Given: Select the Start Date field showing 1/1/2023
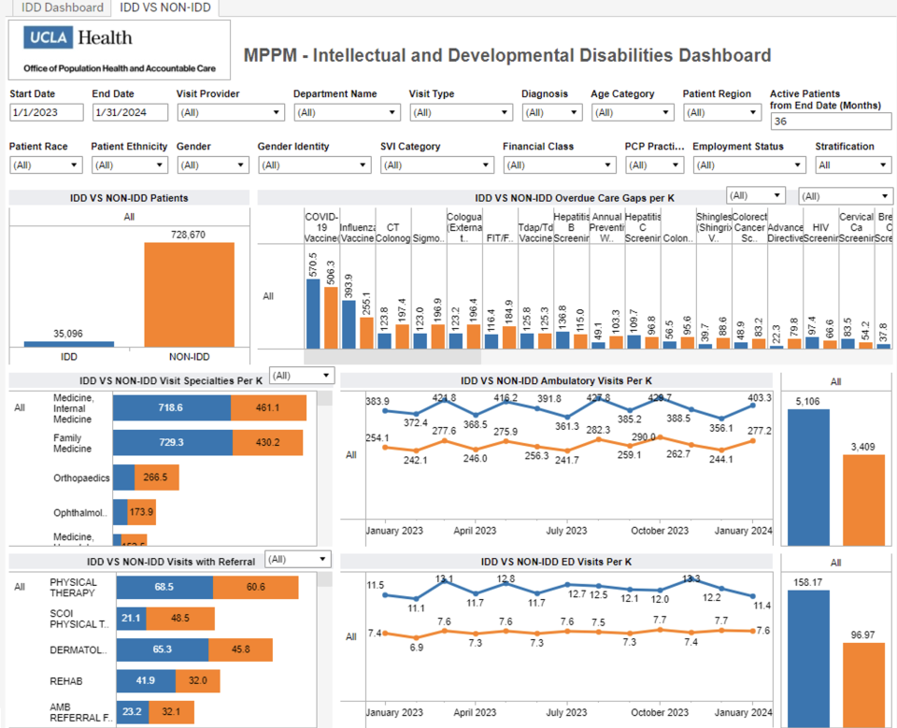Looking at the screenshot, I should click(46, 112).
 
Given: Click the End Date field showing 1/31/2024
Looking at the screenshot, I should click(129, 112).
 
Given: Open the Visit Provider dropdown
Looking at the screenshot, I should click(230, 112).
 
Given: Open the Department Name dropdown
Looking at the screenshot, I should click(347, 112).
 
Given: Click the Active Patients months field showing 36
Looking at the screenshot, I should click(830, 121).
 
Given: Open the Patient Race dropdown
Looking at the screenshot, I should click(46, 164).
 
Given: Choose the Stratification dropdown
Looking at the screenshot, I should click(853, 164).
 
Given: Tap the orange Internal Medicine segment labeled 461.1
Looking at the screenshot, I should click(268, 408).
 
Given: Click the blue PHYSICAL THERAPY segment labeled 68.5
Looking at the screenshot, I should click(164, 587).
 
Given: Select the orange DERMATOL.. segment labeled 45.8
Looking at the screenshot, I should click(240, 649).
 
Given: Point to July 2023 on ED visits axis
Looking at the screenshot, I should click(567, 712).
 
